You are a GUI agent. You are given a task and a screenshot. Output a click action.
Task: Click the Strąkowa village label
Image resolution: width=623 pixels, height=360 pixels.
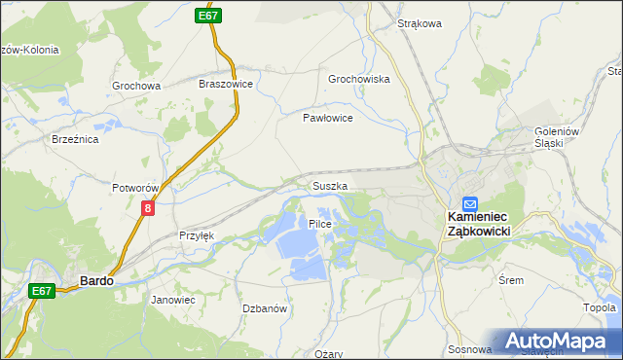421,23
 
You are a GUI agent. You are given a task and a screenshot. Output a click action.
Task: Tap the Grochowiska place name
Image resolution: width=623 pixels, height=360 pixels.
359,79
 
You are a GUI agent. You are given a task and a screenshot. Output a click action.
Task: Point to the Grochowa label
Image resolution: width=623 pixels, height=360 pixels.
135,86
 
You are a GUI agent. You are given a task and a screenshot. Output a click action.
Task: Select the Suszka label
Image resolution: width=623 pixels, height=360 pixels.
329,185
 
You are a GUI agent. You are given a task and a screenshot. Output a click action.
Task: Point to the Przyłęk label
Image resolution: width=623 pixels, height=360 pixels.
197,235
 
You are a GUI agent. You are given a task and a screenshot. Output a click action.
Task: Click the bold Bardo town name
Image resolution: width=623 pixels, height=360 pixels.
95,280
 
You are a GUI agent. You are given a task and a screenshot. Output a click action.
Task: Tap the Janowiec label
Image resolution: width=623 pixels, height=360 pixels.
173,300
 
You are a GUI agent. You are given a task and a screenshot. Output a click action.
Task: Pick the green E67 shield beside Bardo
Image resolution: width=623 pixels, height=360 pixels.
41,291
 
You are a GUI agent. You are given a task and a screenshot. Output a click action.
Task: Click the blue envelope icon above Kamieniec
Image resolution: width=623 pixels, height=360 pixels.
470,204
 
